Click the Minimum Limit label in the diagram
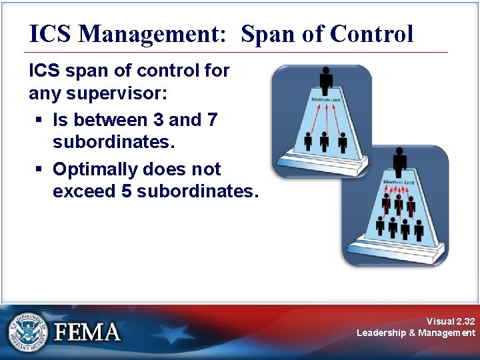325,100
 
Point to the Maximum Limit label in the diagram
398,181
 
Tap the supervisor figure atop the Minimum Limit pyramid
325,81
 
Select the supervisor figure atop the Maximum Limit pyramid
399,162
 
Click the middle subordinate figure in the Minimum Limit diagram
325,141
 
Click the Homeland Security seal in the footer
27,331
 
